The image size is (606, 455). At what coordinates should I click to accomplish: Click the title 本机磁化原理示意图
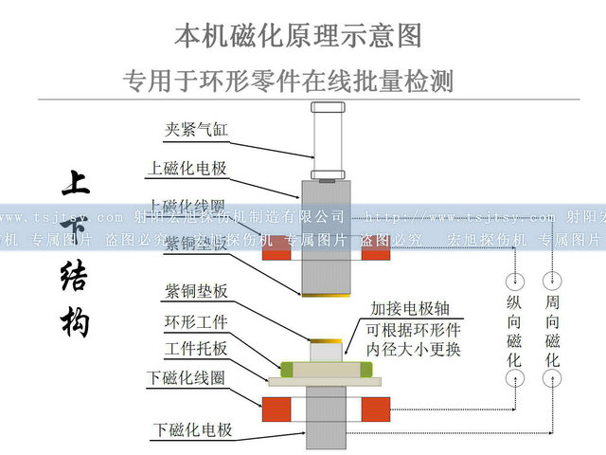pyautogui.click(x=298, y=36)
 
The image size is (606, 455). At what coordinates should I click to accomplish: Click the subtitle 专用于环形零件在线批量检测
pyautogui.click(x=288, y=81)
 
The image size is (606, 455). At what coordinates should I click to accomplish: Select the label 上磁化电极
pyautogui.click(x=186, y=169)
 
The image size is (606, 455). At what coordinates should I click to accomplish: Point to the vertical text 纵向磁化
pyautogui.click(x=515, y=331)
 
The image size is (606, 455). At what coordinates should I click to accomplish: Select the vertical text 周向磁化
pyautogui.click(x=552, y=331)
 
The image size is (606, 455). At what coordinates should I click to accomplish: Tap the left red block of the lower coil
pyautogui.click(x=276, y=409)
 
